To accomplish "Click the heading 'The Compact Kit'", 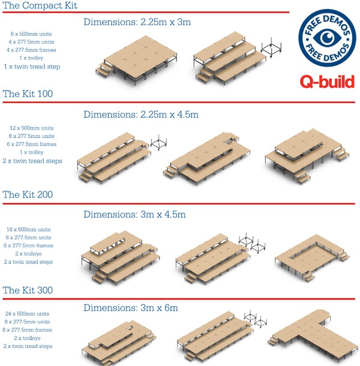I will click(40, 5).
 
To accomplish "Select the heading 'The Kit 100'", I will click(28, 94).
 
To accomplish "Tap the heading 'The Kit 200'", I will click(28, 195).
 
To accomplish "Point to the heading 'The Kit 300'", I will click(28, 290).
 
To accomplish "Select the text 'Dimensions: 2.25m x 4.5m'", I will click(141, 114).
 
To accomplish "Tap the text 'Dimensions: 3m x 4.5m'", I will click(134, 214).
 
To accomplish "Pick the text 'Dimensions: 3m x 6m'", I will click(131, 308).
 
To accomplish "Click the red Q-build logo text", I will click(326, 80).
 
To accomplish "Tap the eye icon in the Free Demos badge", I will click(326, 37).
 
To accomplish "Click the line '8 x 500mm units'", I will click(32, 34).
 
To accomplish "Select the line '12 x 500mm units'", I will click(32, 128).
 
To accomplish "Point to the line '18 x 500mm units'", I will click(32, 229).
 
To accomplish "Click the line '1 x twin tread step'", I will click(32, 67).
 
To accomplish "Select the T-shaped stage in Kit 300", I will click(312, 333).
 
